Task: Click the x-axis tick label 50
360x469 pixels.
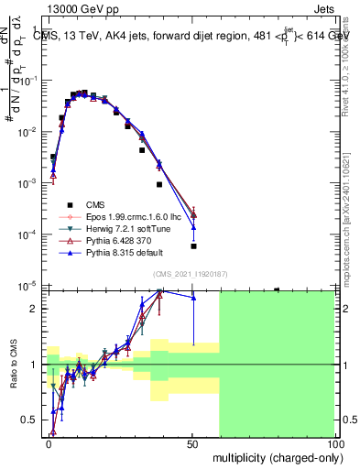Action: (193, 442)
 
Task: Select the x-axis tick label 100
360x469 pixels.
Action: (334, 442)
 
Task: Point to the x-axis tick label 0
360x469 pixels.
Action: (49, 442)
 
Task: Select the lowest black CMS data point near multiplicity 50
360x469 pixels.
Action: (193, 246)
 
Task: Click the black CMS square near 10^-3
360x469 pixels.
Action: (159, 184)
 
